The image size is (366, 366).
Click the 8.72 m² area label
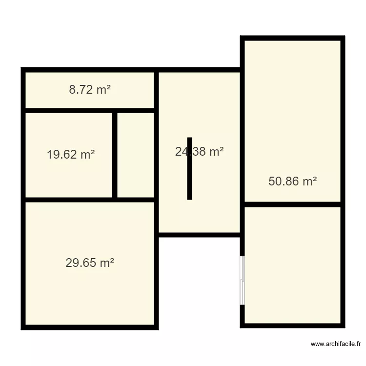90,90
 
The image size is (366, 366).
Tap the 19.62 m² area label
71,155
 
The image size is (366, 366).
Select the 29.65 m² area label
90,263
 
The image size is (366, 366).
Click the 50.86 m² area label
292,182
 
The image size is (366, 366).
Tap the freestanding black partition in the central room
189,168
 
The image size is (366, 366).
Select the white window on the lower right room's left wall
242,280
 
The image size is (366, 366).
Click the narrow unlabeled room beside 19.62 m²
136,155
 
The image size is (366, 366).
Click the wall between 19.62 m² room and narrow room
115,155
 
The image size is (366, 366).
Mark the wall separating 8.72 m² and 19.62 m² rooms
90,110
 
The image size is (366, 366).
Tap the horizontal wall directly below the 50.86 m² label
292,204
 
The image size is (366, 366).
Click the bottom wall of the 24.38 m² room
199,235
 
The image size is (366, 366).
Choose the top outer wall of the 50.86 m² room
292,38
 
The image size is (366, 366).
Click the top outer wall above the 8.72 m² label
90,70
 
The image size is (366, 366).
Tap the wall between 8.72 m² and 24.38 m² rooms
156,90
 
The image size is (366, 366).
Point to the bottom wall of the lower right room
292,325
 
